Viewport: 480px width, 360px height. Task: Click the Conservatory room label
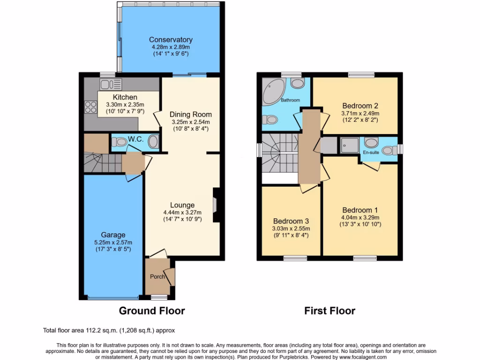click(x=171, y=40)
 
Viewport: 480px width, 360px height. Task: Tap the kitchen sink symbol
click(x=111, y=84)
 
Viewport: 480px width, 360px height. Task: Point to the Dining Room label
click(x=190, y=114)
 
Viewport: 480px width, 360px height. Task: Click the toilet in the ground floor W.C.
click(x=121, y=141)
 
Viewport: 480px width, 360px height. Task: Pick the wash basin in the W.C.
click(x=153, y=141)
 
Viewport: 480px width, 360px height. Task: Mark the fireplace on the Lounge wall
click(x=216, y=205)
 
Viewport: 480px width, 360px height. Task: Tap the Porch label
click(x=157, y=277)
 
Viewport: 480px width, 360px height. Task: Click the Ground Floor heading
click(x=151, y=311)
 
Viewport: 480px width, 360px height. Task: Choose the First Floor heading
click(x=330, y=311)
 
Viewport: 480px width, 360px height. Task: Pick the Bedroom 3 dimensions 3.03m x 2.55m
click(x=291, y=229)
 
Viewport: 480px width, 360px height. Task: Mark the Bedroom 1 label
click(x=360, y=210)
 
